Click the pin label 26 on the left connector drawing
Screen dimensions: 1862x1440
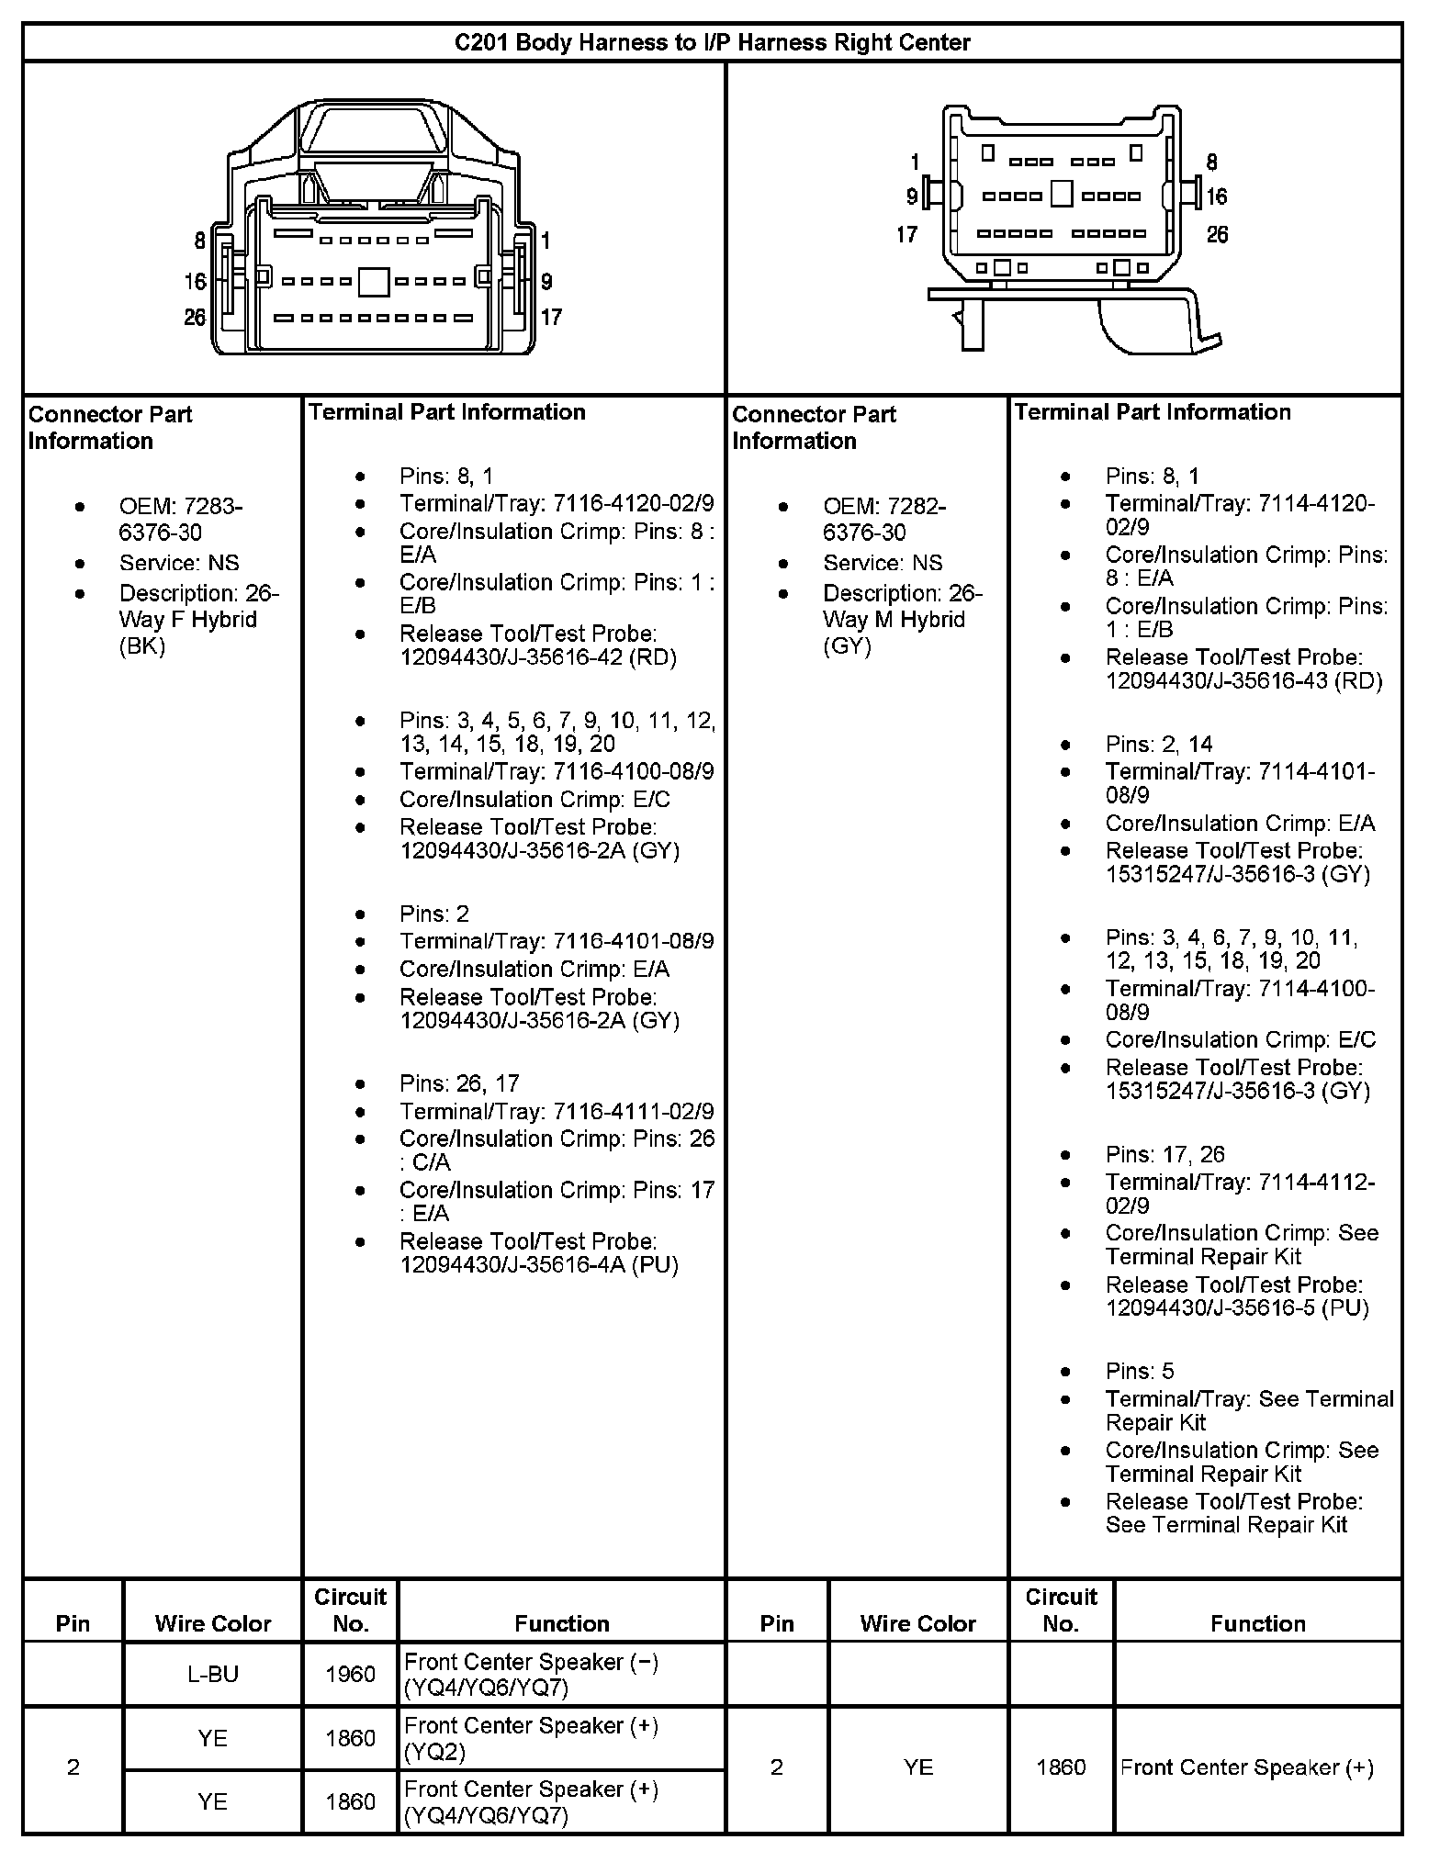195,317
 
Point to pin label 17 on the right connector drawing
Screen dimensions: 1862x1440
906,234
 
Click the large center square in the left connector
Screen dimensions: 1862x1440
373,281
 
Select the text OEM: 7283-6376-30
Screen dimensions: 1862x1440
180,520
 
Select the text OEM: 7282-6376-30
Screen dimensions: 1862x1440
883,520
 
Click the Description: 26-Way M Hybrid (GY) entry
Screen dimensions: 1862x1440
902,620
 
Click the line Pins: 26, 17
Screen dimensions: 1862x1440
459,1083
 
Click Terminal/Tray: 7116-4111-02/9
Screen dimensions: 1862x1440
556,1111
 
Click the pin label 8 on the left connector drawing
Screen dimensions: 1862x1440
199,241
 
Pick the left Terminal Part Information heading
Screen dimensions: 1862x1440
447,412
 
